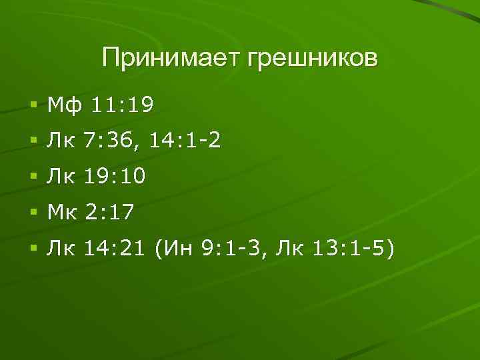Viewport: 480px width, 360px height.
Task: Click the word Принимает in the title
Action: coord(172,58)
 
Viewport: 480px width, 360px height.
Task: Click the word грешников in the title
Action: coord(312,58)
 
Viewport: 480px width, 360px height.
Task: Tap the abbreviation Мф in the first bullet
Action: coord(61,105)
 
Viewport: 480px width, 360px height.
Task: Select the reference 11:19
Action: coord(122,105)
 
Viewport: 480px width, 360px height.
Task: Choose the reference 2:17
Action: coord(109,213)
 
